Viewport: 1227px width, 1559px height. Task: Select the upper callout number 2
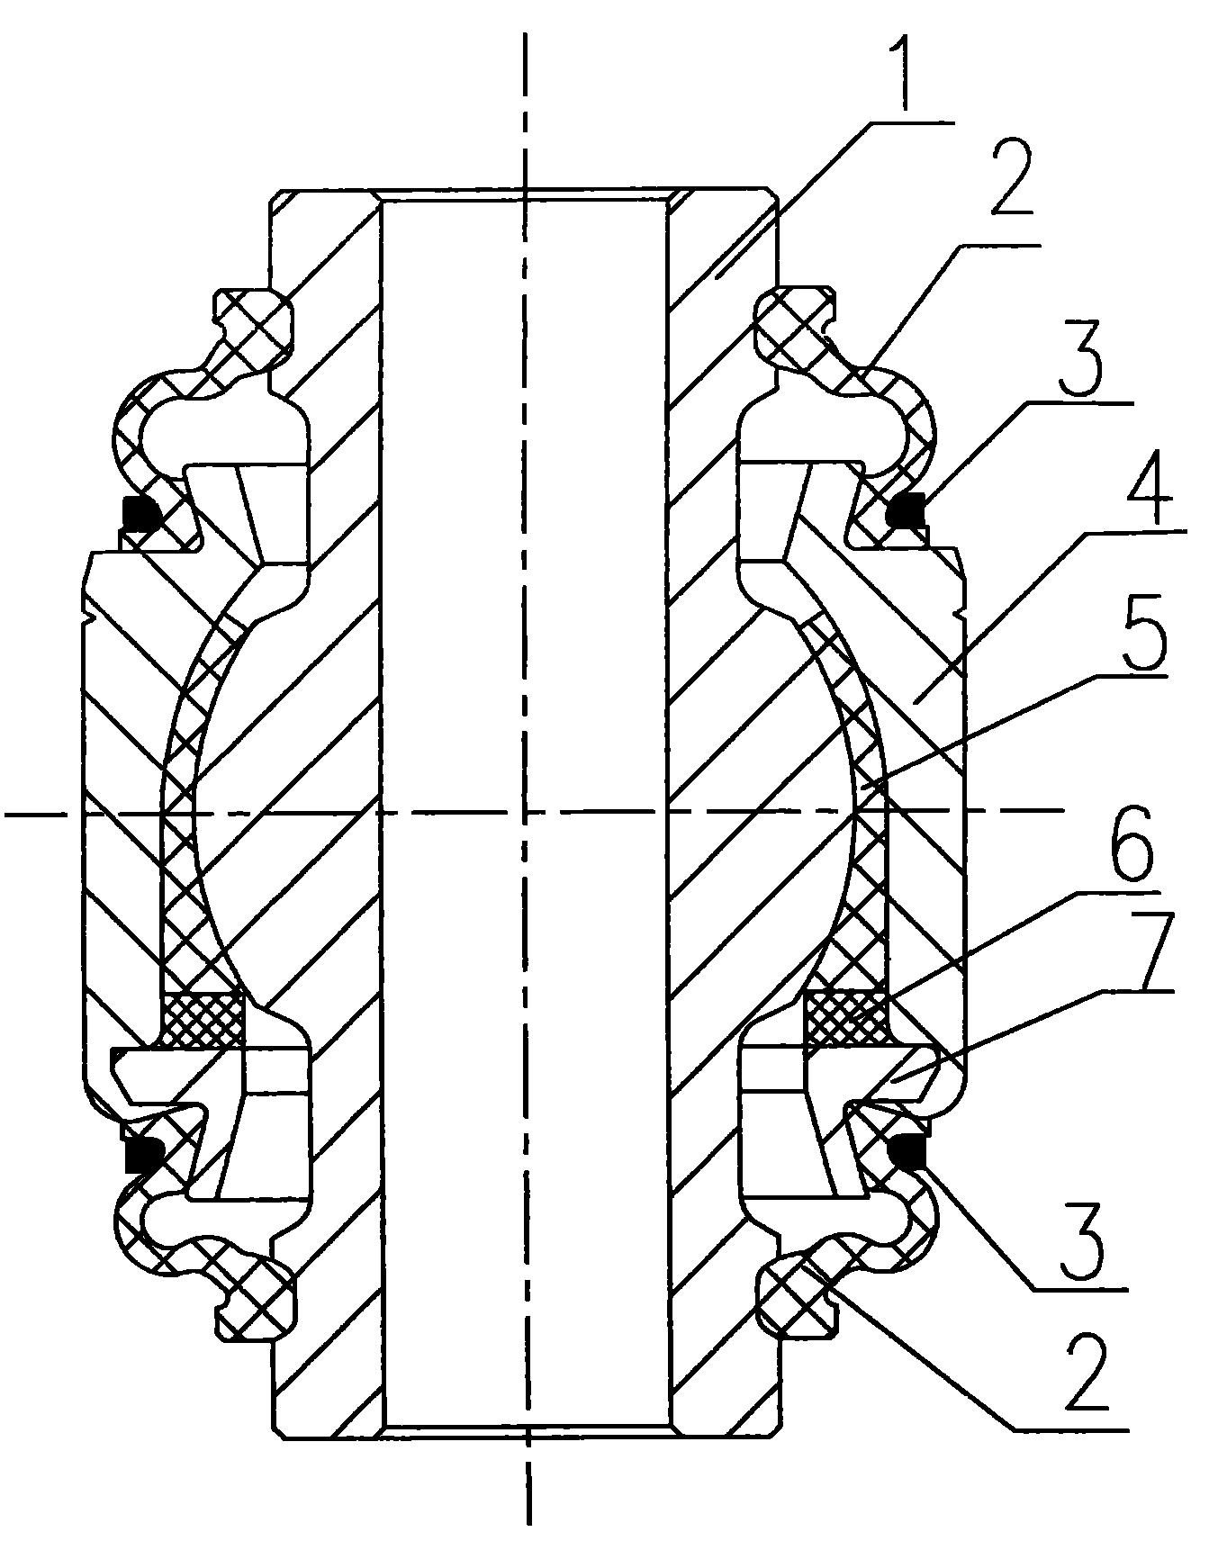1016,183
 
